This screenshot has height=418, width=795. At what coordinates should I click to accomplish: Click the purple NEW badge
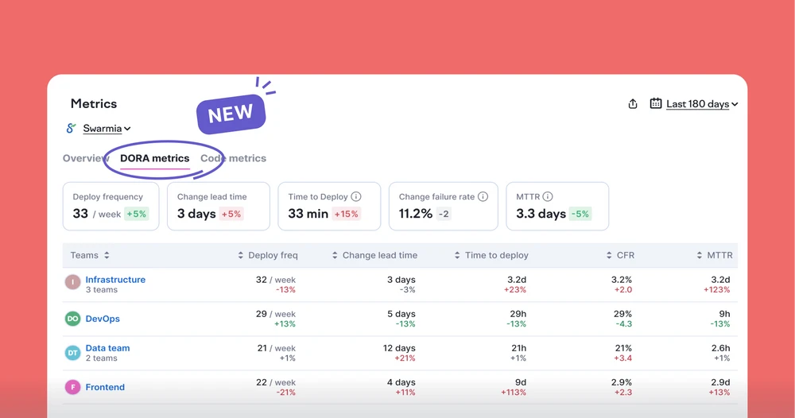click(231, 114)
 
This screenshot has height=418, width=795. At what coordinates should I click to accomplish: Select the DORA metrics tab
click(155, 158)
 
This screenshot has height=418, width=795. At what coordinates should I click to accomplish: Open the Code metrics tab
click(233, 158)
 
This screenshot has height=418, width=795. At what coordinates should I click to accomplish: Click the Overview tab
click(85, 158)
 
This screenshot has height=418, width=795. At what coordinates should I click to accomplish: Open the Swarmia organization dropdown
click(107, 129)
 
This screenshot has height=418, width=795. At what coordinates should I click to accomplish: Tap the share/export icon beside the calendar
click(633, 104)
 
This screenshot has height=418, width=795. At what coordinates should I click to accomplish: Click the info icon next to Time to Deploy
click(356, 196)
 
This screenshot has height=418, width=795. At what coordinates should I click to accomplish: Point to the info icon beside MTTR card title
click(548, 196)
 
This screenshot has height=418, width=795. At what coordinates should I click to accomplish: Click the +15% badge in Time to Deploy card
click(347, 214)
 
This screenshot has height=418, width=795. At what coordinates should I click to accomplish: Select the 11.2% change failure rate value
click(415, 214)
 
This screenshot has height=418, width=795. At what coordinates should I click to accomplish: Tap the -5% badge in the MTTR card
click(580, 214)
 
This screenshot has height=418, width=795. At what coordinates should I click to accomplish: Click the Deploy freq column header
click(273, 255)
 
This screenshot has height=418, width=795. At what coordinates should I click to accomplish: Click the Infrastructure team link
click(115, 280)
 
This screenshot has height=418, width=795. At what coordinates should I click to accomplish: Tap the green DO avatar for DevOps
click(72, 319)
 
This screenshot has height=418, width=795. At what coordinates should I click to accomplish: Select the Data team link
click(107, 348)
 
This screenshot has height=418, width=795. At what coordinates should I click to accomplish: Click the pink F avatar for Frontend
click(72, 387)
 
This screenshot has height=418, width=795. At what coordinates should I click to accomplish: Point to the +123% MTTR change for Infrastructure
click(716, 290)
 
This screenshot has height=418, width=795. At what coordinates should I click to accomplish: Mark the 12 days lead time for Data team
click(399, 348)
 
